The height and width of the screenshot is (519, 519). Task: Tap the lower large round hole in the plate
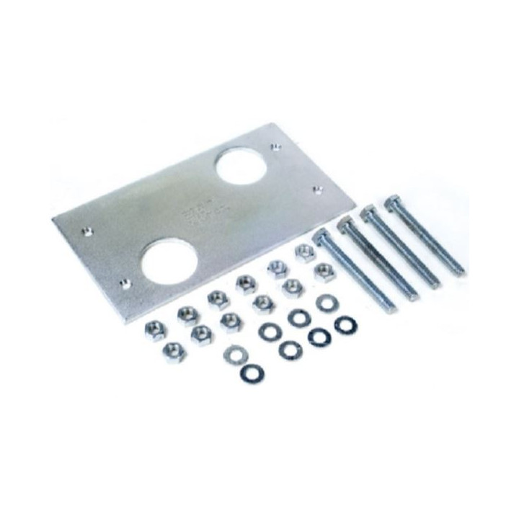tap(169, 260)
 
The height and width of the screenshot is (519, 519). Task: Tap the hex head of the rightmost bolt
tap(394, 202)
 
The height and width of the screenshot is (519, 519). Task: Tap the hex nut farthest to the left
tap(154, 331)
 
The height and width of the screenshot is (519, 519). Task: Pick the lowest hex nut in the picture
tap(174, 352)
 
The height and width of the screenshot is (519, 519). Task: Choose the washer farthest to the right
tap(344, 324)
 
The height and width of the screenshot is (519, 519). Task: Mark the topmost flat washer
tap(325, 303)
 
